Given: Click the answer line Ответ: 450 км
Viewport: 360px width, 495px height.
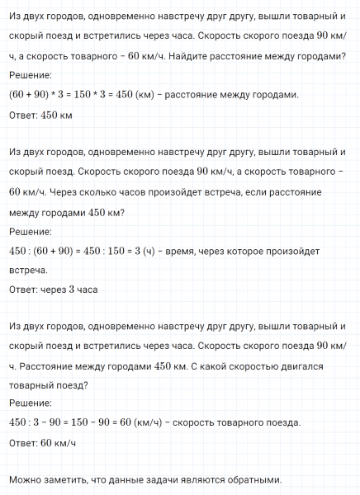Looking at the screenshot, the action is [x=40, y=115].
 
